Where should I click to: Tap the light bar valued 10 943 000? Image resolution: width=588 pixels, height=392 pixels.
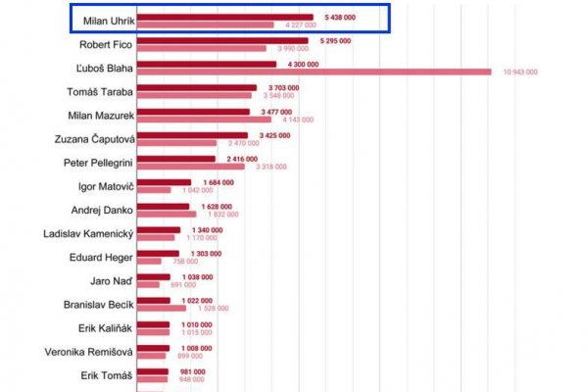pos(314,72)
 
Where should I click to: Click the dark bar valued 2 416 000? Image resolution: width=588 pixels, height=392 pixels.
pos(175,159)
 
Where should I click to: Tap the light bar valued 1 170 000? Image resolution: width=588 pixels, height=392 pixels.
pos(156,237)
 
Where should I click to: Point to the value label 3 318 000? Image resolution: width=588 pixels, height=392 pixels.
pos(269,167)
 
